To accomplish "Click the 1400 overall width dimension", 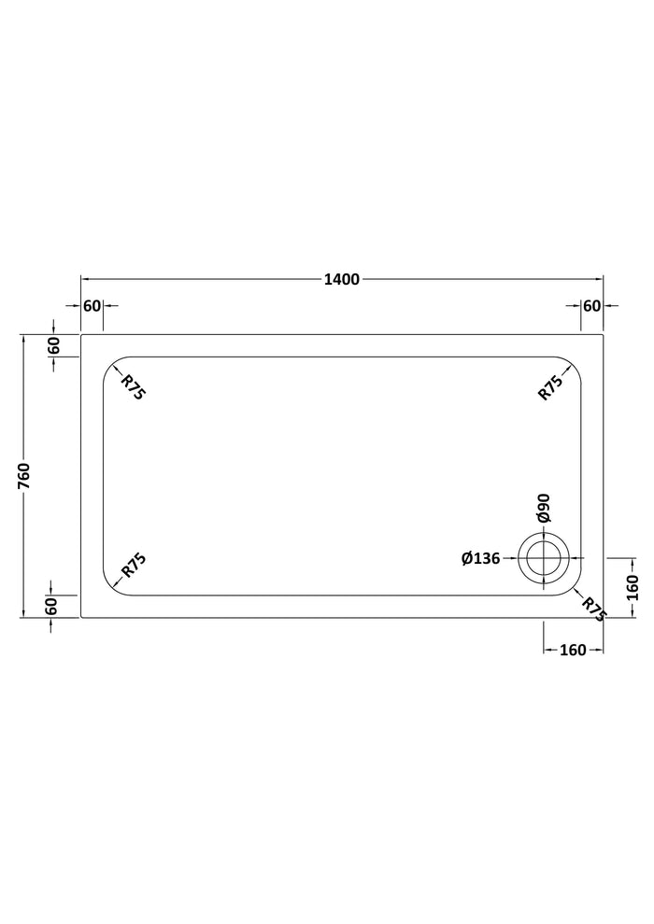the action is tap(341, 279).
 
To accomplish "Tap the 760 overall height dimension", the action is tap(24, 476).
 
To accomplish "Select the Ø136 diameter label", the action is tap(480, 558).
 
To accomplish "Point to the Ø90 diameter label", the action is tap(543, 508).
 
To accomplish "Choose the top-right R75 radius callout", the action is tap(550, 387).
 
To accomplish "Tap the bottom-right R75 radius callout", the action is tap(593, 609).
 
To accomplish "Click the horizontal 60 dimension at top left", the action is tap(92, 306).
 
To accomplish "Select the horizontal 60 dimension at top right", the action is tap(591, 306).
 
